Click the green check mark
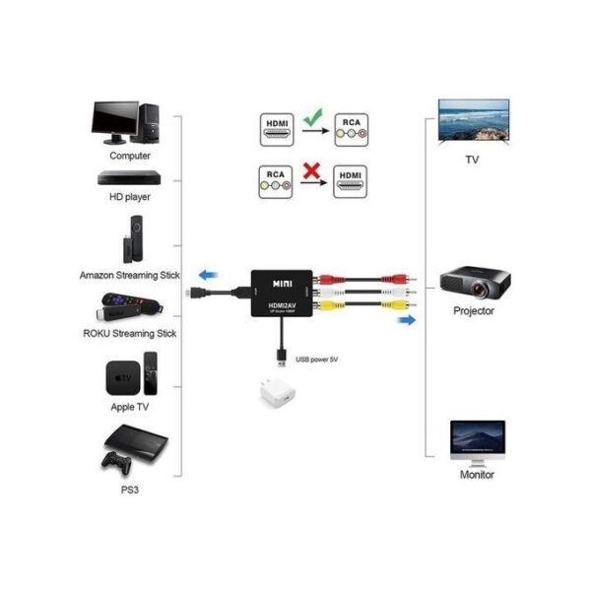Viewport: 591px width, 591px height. [313, 122]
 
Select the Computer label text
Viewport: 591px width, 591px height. [130, 155]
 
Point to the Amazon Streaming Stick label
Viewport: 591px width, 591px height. [128, 275]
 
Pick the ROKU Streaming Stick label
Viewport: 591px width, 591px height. [129, 333]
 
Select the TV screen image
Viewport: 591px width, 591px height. [474, 121]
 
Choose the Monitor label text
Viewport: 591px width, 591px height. [478, 474]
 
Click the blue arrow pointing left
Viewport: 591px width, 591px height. [206, 275]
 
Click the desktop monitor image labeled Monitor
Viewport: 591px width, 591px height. [478, 439]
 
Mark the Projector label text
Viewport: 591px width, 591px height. [474, 311]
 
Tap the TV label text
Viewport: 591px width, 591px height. [474, 159]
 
